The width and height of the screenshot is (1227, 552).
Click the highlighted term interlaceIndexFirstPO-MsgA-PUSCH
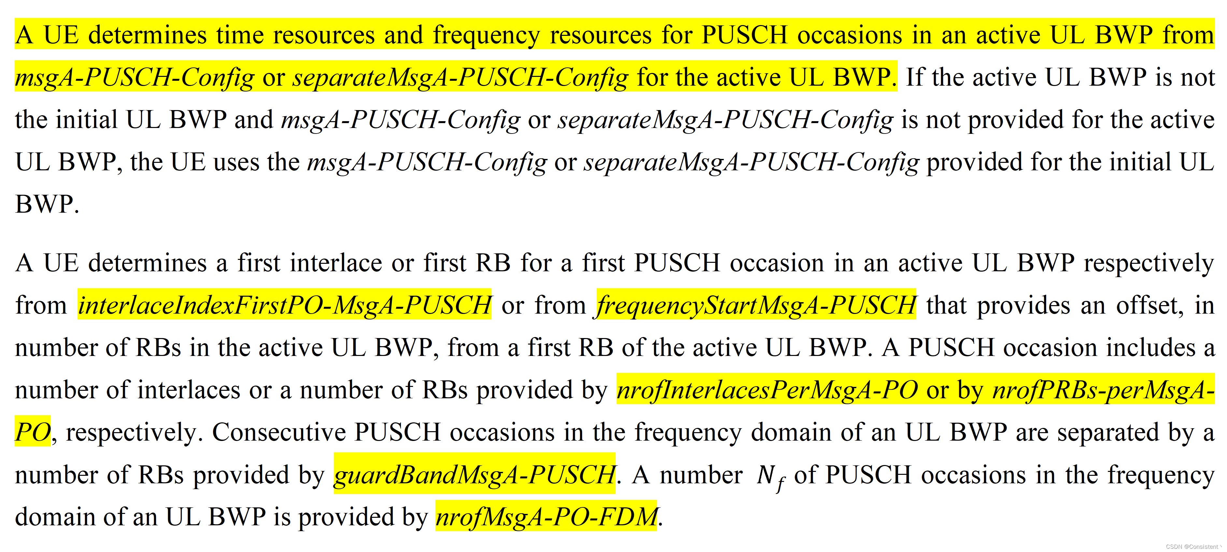click(284, 305)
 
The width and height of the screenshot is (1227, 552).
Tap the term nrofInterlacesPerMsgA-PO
click(767, 389)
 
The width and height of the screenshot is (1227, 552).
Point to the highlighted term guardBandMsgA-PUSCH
click(474, 474)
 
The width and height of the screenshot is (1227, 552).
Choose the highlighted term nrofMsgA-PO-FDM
click(546, 517)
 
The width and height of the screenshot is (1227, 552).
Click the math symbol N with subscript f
click(770, 476)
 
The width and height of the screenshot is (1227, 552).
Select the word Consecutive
click(278, 432)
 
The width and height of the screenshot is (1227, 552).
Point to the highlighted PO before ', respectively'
click(32, 432)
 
